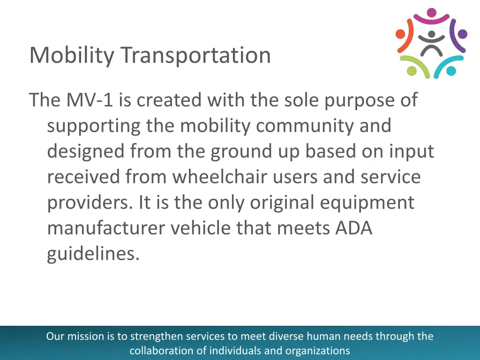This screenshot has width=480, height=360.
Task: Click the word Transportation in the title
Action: click(x=195, y=55)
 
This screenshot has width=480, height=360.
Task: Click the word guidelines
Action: click(x=93, y=254)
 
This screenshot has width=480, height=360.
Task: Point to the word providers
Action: click(x=90, y=202)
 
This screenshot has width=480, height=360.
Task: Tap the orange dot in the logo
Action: click(x=400, y=33)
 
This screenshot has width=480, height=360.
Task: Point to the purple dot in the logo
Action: click(x=462, y=33)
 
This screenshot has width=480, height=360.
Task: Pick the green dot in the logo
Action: click(x=412, y=71)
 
